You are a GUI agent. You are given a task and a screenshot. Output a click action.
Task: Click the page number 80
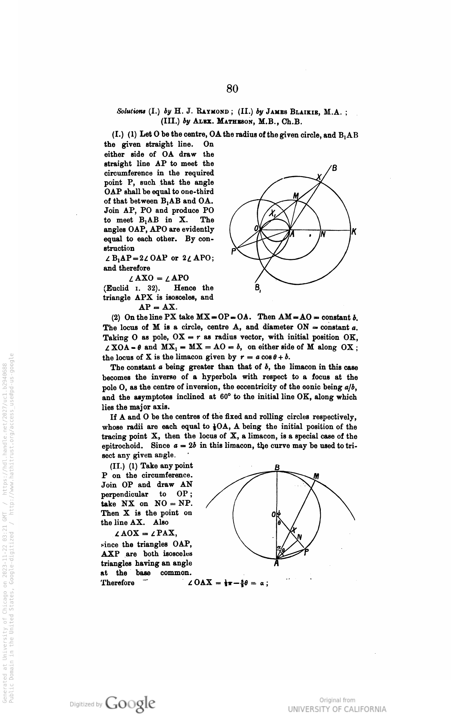232,89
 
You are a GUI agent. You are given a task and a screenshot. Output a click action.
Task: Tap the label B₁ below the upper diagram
258,288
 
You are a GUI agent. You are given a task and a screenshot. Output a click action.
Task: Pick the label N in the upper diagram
323,235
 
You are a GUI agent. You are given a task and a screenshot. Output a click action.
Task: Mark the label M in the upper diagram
296,196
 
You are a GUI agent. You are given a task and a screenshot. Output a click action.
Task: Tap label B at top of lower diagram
277,467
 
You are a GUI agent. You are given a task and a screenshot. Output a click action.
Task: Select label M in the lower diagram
316,476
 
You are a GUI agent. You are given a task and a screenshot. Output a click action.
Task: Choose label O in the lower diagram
273,514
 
